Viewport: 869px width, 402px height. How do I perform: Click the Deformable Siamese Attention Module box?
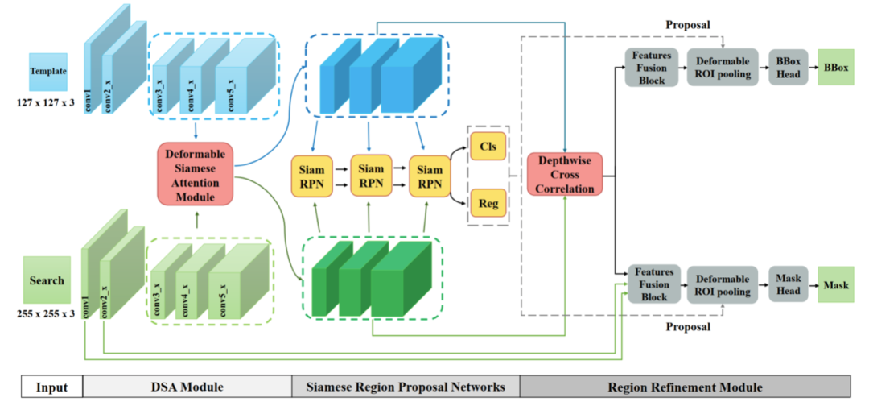point(197,173)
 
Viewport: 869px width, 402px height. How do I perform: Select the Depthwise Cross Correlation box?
point(565,174)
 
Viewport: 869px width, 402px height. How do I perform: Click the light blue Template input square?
point(48,72)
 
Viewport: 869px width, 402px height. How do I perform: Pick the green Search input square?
point(47,280)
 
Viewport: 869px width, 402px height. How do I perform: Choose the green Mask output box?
point(836,284)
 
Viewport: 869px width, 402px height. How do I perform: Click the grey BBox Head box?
point(788,67)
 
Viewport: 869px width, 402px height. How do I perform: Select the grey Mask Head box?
point(788,284)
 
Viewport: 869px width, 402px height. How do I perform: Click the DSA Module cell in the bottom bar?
point(187,387)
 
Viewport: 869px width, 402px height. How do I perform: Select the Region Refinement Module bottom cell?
point(685,387)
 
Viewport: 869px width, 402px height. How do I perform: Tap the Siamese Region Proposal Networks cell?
point(406,387)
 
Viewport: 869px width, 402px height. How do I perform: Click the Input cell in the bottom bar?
point(51,387)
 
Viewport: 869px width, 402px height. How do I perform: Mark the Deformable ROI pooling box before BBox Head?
point(723,67)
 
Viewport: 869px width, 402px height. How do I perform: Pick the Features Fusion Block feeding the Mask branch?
point(654,284)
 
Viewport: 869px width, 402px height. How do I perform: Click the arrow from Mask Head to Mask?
point(813,284)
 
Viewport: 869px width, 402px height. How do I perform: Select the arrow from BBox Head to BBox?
point(813,67)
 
